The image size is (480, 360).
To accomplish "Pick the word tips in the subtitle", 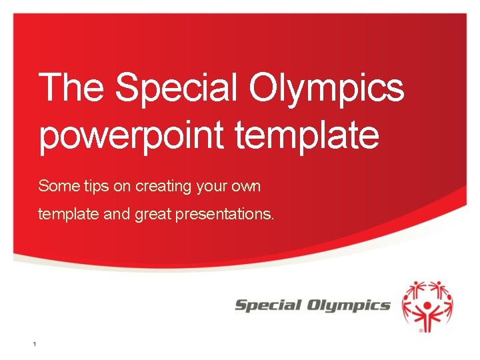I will pyautogui.click(x=90, y=186).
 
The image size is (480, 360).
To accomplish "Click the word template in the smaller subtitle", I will pyautogui.click(x=65, y=215).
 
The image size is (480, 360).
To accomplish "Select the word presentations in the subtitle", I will pyautogui.click(x=223, y=215).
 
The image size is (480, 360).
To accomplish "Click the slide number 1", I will pyautogui.click(x=34, y=344).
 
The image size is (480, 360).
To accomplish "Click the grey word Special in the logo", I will pyautogui.click(x=268, y=305).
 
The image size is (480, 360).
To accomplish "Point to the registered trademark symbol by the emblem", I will pyautogui.click(x=419, y=329).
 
